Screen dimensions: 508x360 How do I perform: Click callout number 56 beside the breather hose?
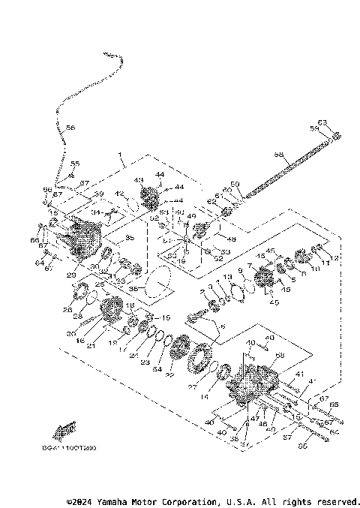tap(70, 128)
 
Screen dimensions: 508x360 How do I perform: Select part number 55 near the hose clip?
tap(74, 164)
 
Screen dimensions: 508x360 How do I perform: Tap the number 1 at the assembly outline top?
tap(118, 160)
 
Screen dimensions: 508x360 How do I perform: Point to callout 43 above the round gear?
tap(138, 180)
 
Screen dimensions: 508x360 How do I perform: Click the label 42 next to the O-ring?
tap(118, 194)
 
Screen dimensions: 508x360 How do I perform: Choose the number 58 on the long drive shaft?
tap(278, 155)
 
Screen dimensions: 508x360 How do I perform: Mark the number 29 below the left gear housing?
tap(70, 275)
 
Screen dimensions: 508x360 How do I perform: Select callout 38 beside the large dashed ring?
tap(133, 287)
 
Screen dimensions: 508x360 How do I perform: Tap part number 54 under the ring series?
tap(156, 369)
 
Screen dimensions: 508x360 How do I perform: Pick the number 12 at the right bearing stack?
tap(334, 257)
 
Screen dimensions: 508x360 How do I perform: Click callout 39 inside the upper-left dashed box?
tap(97, 194)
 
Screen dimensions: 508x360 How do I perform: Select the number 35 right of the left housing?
tap(129, 238)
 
